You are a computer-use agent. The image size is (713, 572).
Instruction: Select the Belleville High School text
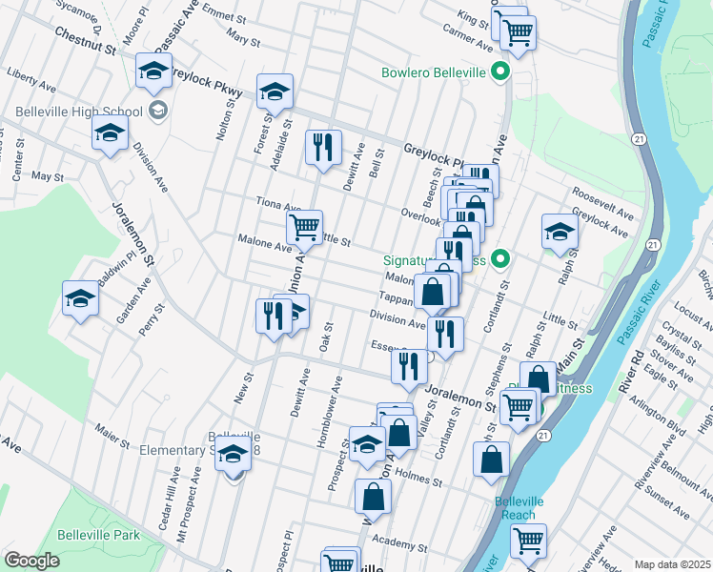pyautogui.click(x=92, y=112)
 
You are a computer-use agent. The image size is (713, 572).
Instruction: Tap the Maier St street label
pyautogui.click(x=112, y=439)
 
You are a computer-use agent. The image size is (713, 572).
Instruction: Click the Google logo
pyautogui.click(x=31, y=560)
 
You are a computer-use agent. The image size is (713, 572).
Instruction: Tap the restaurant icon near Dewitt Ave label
pyautogui.click(x=322, y=147)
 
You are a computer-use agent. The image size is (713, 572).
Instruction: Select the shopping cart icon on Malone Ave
pyautogui.click(x=304, y=227)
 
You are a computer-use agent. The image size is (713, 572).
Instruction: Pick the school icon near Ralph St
pyautogui.click(x=560, y=231)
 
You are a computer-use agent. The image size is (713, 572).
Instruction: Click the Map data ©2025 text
pyautogui.click(x=673, y=564)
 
